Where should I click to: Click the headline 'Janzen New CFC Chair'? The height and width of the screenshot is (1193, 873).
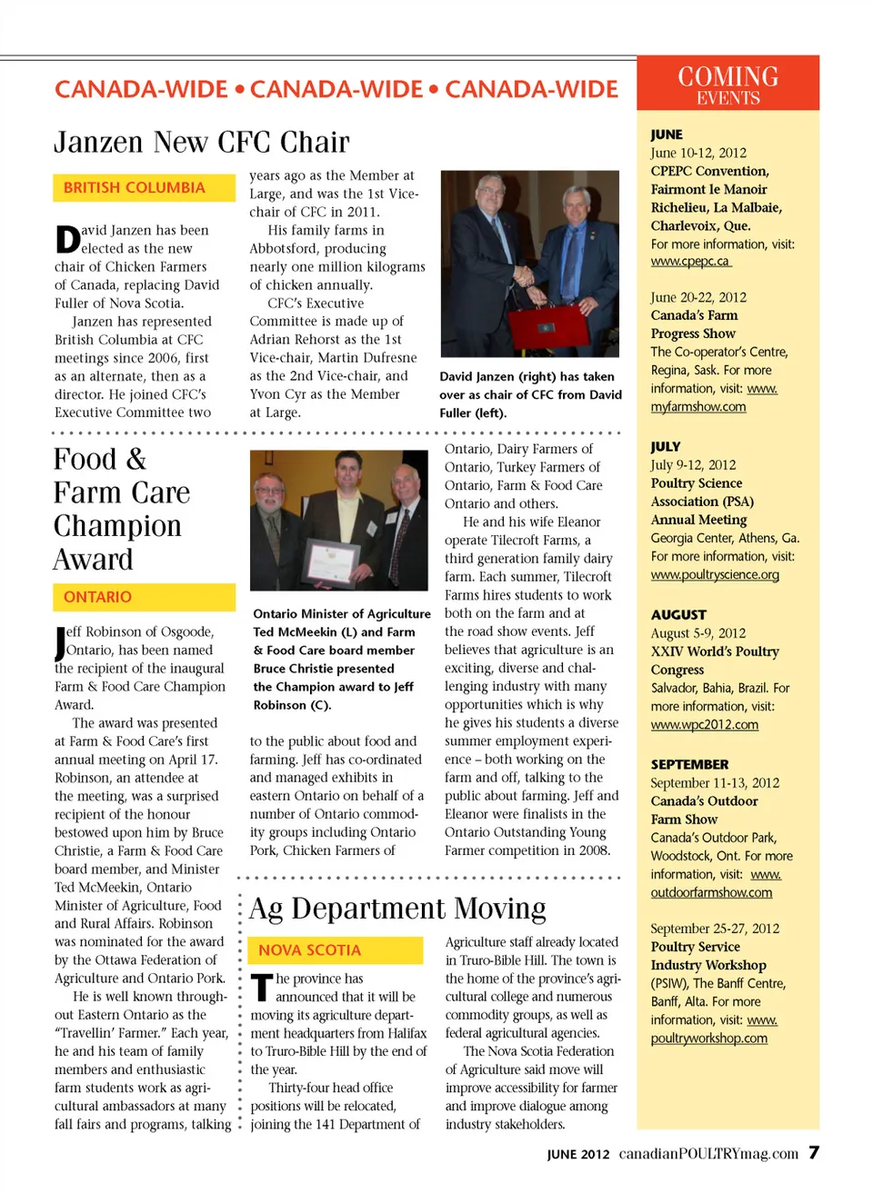click(201, 143)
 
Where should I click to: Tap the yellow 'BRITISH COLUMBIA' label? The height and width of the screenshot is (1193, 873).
click(135, 188)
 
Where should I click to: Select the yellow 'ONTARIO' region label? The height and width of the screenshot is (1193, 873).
click(98, 597)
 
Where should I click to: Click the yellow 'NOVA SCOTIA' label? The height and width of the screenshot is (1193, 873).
click(310, 950)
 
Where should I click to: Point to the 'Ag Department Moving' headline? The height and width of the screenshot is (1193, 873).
click(398, 909)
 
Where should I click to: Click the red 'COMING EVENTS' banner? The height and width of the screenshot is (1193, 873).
click(727, 85)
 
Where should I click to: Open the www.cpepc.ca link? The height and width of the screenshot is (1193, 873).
click(690, 262)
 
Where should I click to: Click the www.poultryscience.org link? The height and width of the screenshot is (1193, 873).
click(715, 574)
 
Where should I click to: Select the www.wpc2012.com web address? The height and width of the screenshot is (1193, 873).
click(704, 724)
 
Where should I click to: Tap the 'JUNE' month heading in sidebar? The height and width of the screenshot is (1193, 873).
click(667, 134)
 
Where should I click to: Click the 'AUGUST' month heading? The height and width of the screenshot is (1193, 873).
click(678, 615)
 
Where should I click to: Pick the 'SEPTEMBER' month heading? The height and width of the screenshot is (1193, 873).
click(689, 765)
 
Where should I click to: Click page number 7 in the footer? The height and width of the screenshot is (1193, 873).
click(814, 1153)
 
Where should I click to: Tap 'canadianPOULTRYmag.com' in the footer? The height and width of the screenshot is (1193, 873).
click(708, 1154)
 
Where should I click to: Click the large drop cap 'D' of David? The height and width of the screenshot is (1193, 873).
click(67, 240)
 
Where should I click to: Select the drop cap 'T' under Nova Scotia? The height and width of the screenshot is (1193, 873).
click(262, 988)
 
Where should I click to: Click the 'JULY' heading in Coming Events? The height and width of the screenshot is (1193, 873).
click(666, 447)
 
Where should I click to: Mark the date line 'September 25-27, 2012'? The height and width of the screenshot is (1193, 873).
click(715, 929)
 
